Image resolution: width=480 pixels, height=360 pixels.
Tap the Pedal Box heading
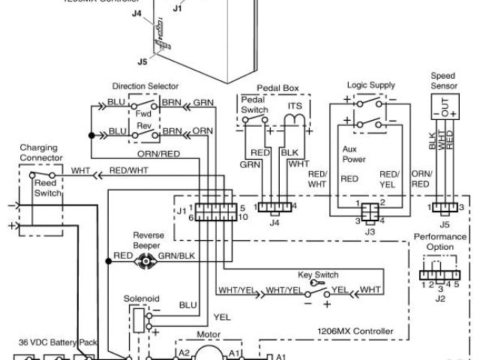click(x=277, y=88)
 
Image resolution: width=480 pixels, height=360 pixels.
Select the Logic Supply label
click(x=370, y=86)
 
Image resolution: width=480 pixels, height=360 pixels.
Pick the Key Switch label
click(x=318, y=275)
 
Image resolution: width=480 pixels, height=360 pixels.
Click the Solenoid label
click(x=142, y=298)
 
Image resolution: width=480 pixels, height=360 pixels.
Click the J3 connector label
click(x=369, y=232)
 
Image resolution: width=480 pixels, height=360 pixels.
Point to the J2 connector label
click(x=441, y=298)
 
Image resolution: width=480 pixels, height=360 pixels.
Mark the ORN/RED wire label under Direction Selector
click(x=158, y=154)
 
